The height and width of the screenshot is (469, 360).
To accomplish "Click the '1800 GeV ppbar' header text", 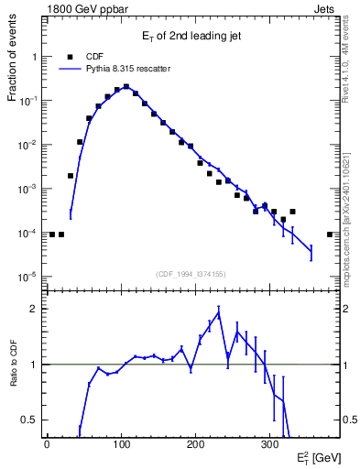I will tap(80, 7).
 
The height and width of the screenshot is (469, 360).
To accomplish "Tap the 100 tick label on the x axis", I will tap(121, 443).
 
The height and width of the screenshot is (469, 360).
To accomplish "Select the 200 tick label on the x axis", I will tap(195, 443).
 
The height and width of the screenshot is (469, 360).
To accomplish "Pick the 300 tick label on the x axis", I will tap(269, 443).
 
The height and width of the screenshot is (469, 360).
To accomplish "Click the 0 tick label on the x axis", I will tap(47, 443).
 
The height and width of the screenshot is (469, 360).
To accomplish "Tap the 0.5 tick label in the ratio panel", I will tap(30, 420).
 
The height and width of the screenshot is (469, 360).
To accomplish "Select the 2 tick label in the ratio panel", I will tap(35, 309).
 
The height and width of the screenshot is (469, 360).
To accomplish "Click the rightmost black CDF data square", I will tap(330, 234).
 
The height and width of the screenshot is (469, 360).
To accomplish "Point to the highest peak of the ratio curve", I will tap(218, 314).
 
